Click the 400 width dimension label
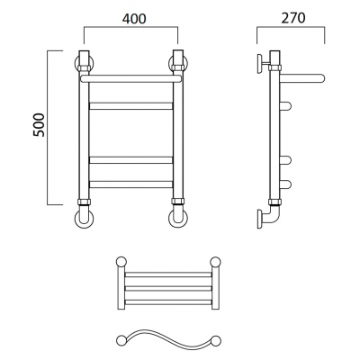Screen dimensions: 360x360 tap(134, 19)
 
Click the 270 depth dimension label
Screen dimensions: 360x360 tap(293, 18)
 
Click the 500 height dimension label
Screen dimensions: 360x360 tap(39, 125)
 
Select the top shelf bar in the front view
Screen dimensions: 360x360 tap(131, 79)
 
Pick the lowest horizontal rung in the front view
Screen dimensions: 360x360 tap(131, 184)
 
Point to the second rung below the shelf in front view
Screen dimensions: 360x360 tap(131, 160)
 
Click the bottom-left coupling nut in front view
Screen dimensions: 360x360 tap(84, 202)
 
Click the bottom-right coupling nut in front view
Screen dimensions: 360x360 tap(178, 202)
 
